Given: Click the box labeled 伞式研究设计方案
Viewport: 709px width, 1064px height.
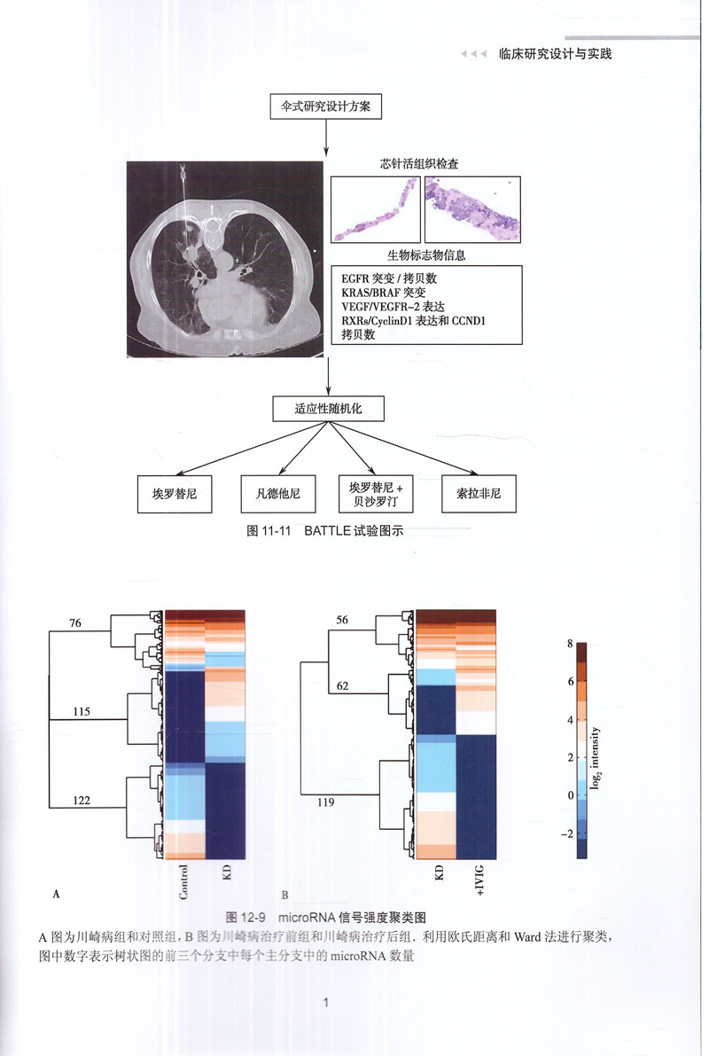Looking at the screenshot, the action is [x=326, y=106].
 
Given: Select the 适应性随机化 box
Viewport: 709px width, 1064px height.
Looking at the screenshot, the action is [x=328, y=410].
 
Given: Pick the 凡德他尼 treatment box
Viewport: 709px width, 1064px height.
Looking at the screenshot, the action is [x=277, y=493].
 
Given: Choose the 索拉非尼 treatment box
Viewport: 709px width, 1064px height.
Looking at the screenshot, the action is [x=479, y=493].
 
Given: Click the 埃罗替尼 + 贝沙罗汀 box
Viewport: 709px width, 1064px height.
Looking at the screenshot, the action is [x=377, y=493].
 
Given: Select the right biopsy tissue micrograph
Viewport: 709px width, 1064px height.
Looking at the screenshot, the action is [x=472, y=209].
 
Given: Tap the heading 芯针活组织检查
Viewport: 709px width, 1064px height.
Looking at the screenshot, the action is [x=425, y=164].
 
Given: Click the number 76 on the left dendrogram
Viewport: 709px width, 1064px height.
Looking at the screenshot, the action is [x=75, y=623].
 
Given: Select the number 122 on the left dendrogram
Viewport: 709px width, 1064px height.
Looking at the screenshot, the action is [x=81, y=800].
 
